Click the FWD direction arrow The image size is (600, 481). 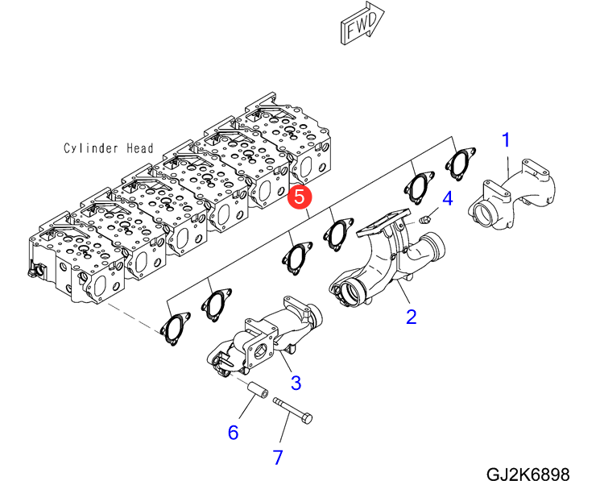pyautogui.click(x=362, y=23)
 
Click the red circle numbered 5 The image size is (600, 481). pyautogui.click(x=300, y=197)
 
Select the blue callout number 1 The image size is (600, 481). pyautogui.click(x=506, y=140)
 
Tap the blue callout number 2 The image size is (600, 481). pyautogui.click(x=411, y=317)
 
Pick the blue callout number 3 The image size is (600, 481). pyautogui.click(x=296, y=383)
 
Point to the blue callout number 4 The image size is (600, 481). pyautogui.click(x=447, y=198)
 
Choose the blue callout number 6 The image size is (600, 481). pyautogui.click(x=233, y=433)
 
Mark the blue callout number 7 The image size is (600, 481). pyautogui.click(x=278, y=457)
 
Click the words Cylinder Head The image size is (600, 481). pyautogui.click(x=108, y=148)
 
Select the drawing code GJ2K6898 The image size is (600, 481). pyautogui.click(x=528, y=474)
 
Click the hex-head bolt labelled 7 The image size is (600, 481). pyautogui.click(x=292, y=411)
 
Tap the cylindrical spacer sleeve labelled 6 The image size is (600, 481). pyautogui.click(x=257, y=389)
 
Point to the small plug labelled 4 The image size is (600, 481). pyautogui.click(x=425, y=219)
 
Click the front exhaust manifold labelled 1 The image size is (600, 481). pyautogui.click(x=511, y=195)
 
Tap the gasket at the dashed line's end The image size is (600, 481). pyautogui.click(x=174, y=328)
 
